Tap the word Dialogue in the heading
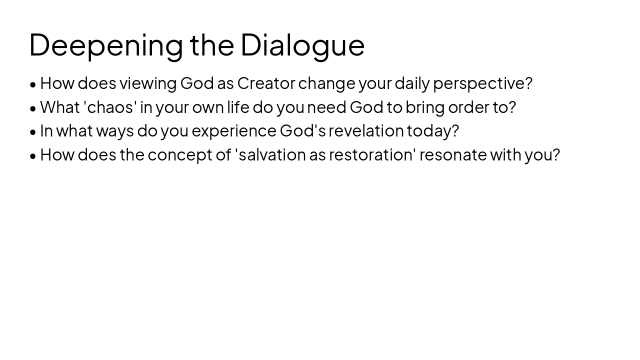tap(302, 45)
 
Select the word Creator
tap(266, 83)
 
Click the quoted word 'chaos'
tap(110, 107)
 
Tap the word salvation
tap(272, 154)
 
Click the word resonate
tap(453, 154)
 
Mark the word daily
tap(412, 83)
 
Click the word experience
tap(234, 131)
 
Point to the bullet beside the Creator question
tap(33, 84)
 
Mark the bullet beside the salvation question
tap(33, 156)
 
